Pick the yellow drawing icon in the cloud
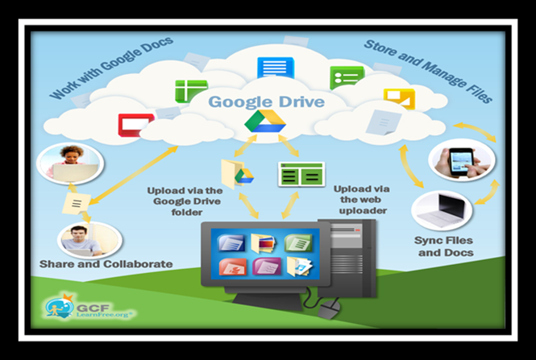point(398,98)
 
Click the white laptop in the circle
point(442,211)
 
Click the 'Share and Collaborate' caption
point(106,264)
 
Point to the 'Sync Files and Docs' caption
point(445,246)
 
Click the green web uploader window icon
point(301,175)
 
